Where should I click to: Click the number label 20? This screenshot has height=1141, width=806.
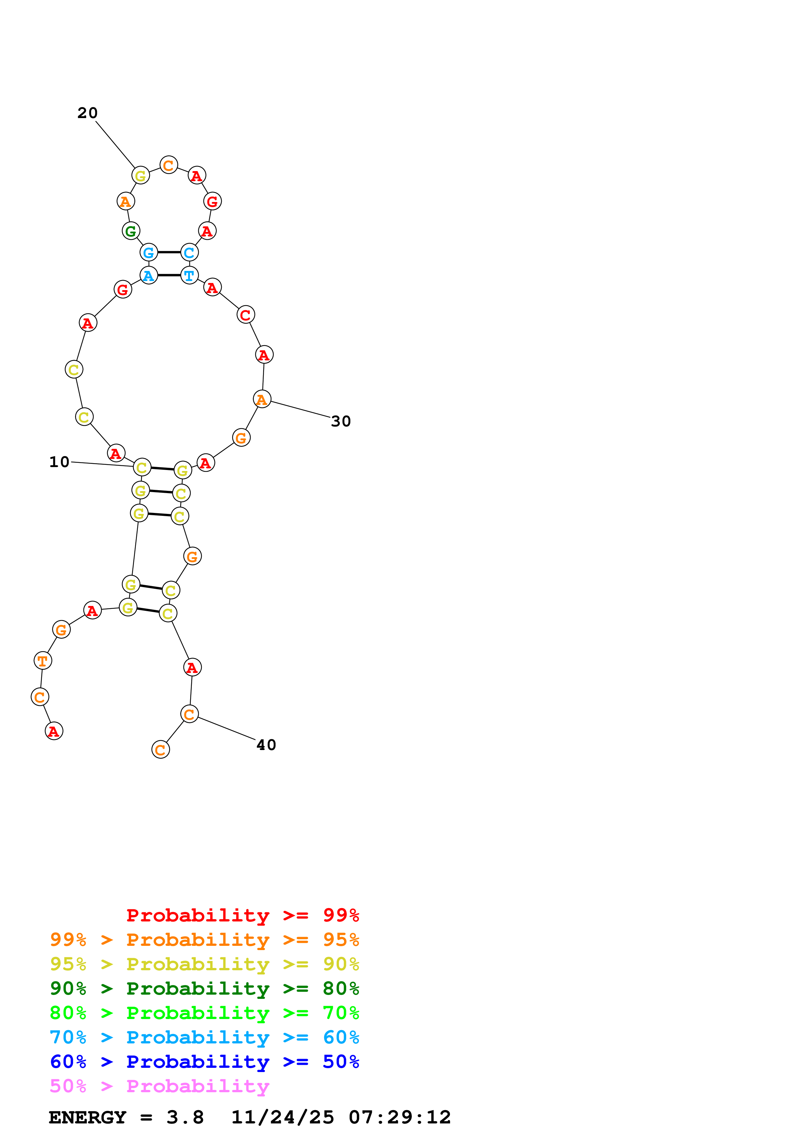point(87,113)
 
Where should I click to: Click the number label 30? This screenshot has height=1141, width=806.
point(341,422)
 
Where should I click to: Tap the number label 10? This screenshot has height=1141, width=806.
point(59,462)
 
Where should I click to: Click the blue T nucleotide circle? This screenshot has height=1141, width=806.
point(189,275)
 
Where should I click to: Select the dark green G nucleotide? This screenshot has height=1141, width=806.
point(131,231)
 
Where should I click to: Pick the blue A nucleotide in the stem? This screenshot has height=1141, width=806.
point(149,275)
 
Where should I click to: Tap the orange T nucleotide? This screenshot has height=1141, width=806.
point(43,661)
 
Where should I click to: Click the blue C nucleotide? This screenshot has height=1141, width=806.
point(189,252)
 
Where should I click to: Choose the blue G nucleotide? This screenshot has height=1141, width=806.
point(149,252)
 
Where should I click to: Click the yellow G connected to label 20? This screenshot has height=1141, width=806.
point(140,175)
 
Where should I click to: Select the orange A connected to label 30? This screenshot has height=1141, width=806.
point(262,399)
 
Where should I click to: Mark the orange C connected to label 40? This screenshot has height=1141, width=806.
point(189,715)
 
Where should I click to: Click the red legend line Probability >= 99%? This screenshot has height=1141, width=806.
point(242,915)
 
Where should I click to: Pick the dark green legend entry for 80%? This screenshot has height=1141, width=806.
point(204,988)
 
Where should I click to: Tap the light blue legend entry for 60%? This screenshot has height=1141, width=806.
point(204,1037)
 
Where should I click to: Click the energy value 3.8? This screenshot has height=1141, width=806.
point(185,1117)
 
